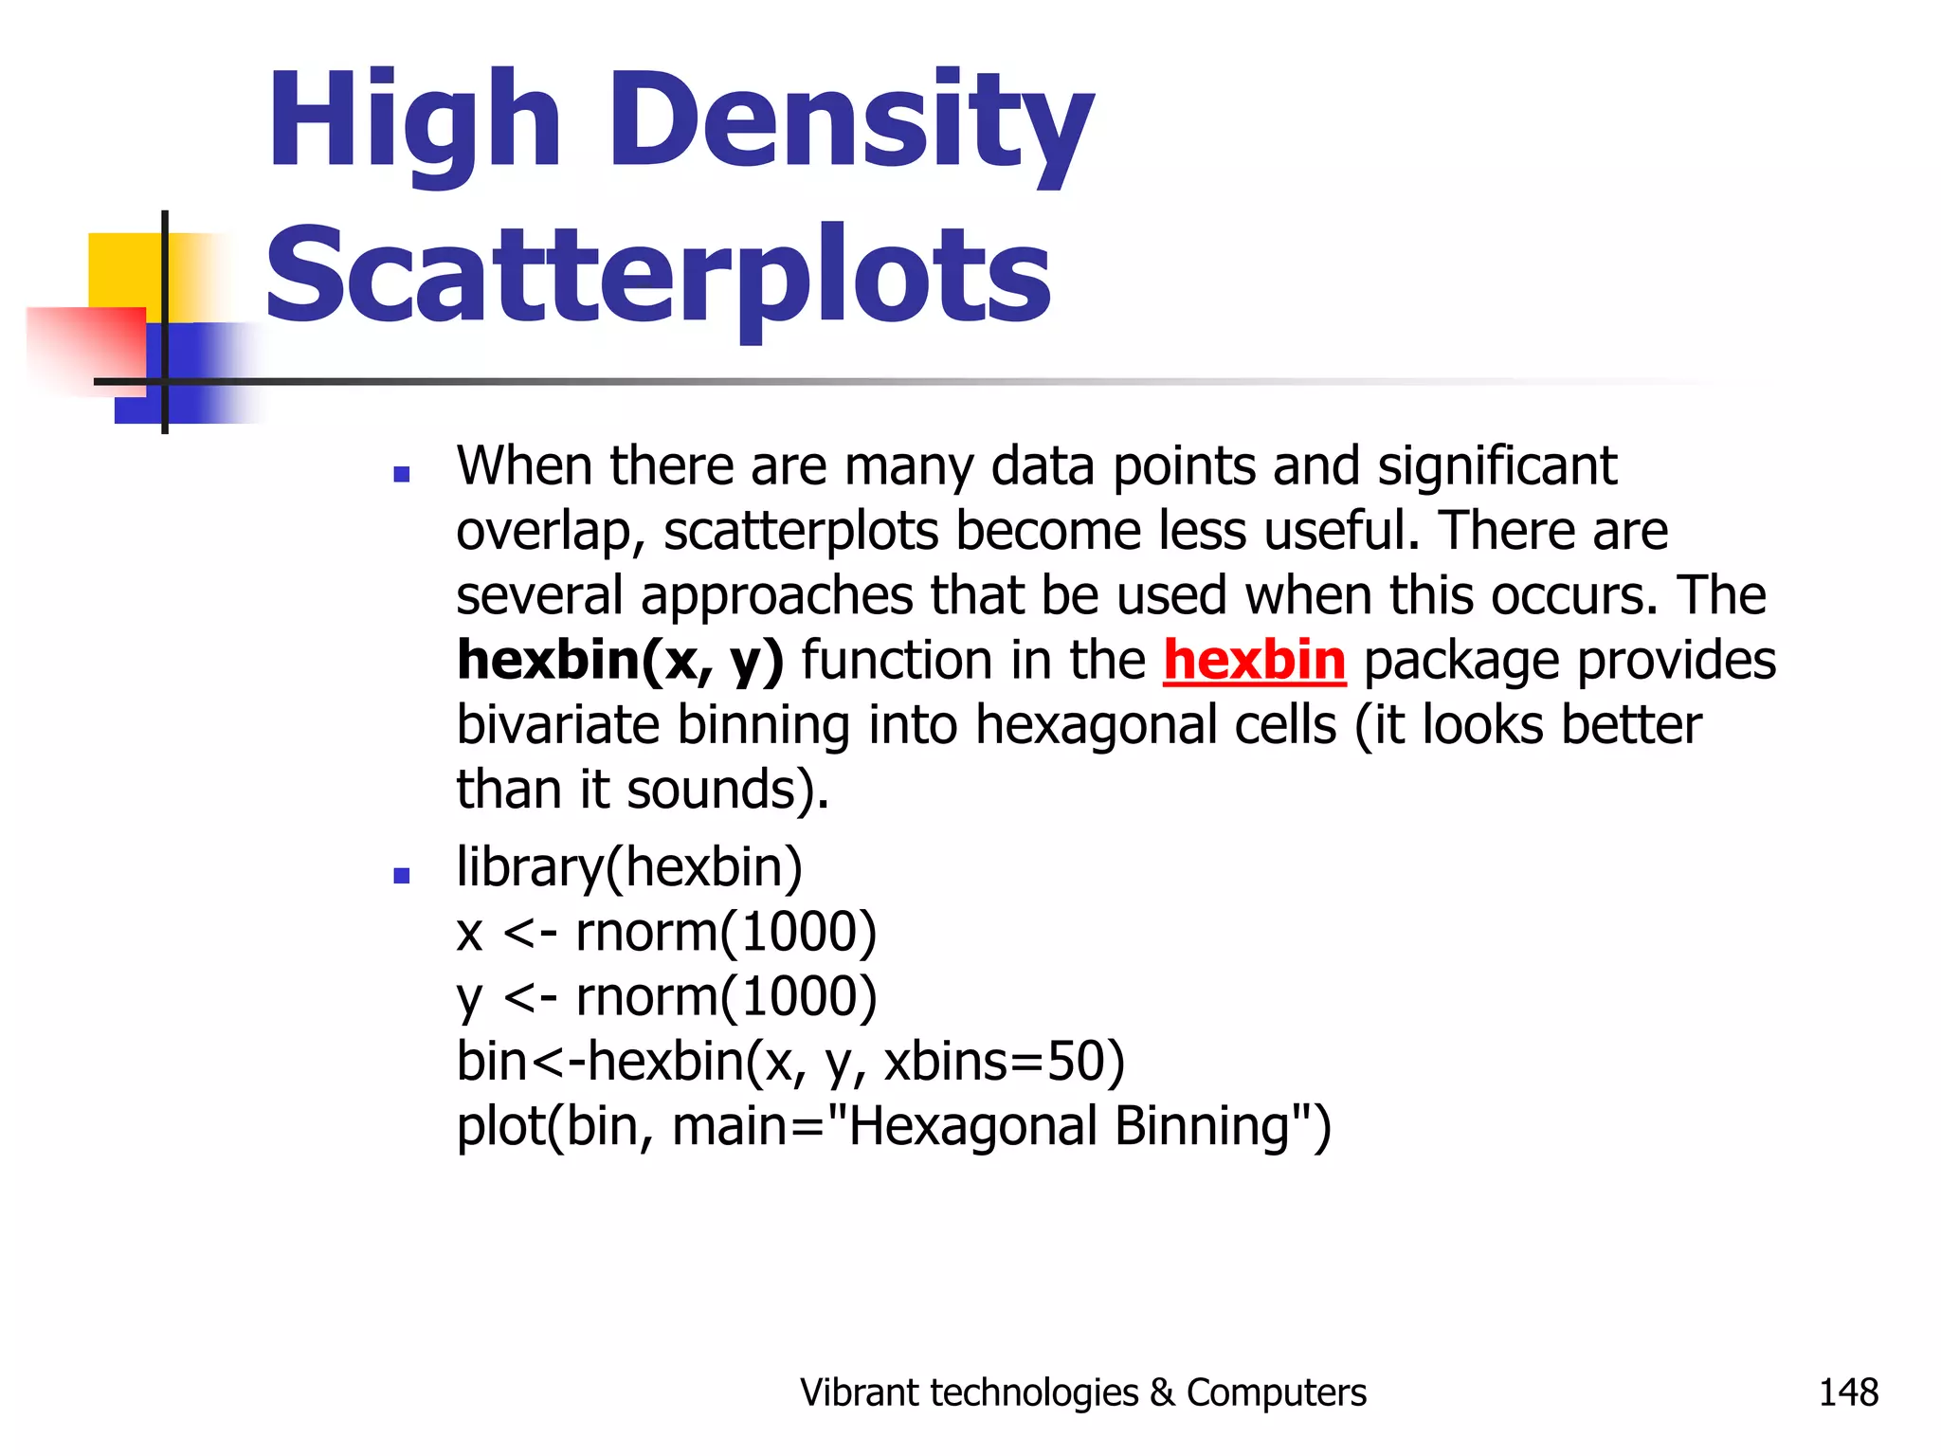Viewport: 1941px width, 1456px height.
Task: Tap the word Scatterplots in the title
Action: (659, 275)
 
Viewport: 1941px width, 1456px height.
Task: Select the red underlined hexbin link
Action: (1254, 660)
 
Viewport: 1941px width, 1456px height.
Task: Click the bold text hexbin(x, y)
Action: (620, 660)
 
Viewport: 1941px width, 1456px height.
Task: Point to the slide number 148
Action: (1848, 1392)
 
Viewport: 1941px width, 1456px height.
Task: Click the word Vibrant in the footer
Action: (859, 1392)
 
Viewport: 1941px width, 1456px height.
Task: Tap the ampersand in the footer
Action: (1161, 1392)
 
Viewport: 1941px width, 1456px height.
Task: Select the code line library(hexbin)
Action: (629, 867)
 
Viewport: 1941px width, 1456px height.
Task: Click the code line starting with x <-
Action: (666, 932)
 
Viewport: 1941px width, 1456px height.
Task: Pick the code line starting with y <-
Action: (666, 997)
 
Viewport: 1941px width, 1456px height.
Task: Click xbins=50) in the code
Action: (1005, 1062)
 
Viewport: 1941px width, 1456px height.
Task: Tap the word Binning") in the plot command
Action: (1223, 1126)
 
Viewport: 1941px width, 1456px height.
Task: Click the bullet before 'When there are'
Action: (401, 474)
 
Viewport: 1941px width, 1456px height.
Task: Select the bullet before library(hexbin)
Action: (401, 876)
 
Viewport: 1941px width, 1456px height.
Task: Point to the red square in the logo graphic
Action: (85, 346)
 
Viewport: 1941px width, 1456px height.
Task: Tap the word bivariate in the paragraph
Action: (557, 725)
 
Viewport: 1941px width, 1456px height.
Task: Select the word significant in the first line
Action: (1497, 466)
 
